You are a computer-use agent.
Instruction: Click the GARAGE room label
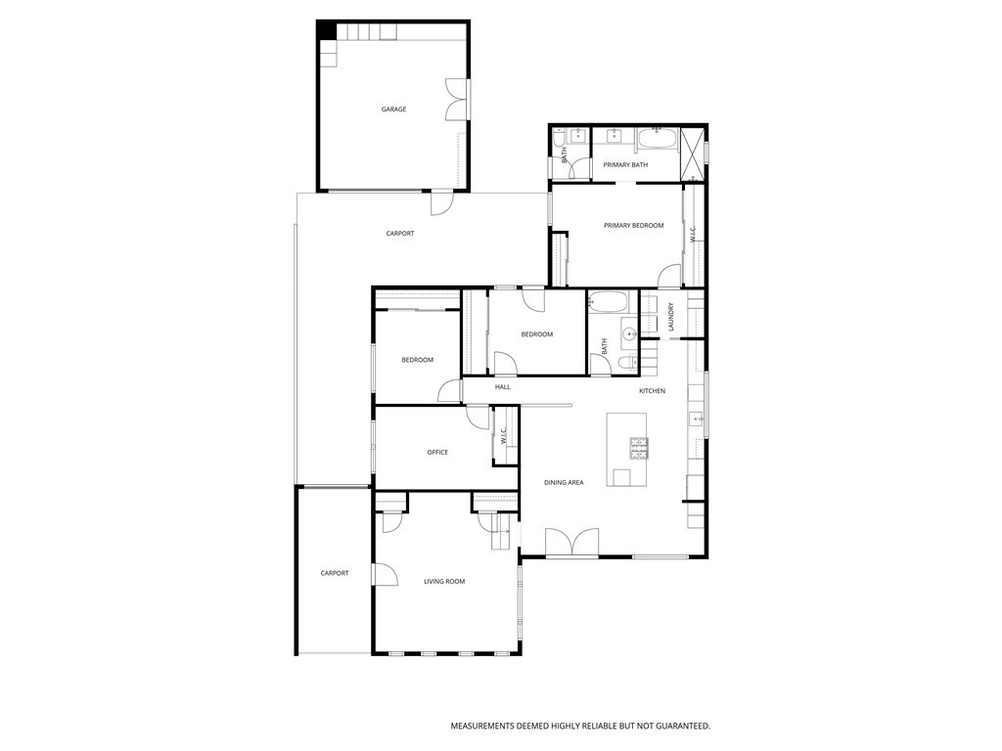[393, 110]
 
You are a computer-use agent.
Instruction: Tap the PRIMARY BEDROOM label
[633, 226]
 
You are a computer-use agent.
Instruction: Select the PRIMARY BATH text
[625, 165]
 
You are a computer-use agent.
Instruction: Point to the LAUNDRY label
[671, 317]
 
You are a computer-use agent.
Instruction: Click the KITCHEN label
[652, 391]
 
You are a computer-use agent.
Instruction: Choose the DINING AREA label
[564, 483]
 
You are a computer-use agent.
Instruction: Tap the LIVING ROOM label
[443, 582]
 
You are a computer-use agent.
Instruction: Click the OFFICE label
[437, 453]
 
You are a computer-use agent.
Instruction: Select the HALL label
[502, 387]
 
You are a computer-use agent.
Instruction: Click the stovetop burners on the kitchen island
[638, 448]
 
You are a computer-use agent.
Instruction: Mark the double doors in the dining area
[571, 543]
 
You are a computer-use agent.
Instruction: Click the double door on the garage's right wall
[456, 99]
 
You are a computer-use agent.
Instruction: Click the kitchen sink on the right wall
[698, 420]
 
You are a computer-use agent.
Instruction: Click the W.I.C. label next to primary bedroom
[693, 235]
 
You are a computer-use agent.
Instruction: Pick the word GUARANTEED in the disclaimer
[675, 727]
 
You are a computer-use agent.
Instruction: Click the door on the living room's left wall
[385, 575]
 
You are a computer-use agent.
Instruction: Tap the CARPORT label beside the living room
[335, 573]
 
